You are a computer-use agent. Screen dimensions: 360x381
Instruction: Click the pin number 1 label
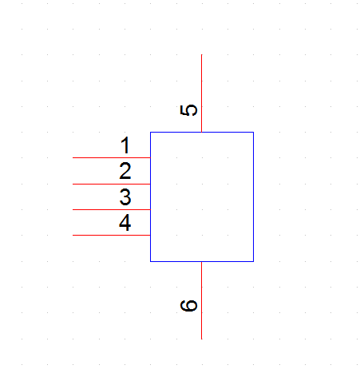tap(125, 145)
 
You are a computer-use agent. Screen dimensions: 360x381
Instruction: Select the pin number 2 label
tap(125, 171)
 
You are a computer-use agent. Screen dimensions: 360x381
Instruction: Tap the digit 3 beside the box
tap(125, 196)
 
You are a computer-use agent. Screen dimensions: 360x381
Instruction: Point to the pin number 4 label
tap(125, 223)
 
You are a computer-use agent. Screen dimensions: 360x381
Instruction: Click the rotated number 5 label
tap(188, 110)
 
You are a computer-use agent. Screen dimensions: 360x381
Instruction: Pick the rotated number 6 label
tap(188, 305)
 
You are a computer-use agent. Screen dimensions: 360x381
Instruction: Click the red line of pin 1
tap(112, 157)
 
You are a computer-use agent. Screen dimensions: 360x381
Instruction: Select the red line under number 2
tap(112, 184)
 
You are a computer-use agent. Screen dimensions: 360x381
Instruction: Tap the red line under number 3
tap(112, 209)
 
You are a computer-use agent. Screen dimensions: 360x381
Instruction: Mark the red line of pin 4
tap(112, 235)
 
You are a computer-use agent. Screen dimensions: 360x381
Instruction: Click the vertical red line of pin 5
tap(202, 93)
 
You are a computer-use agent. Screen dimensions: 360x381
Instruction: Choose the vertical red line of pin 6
tap(202, 300)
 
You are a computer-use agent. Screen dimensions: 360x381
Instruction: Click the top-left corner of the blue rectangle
tap(151, 132)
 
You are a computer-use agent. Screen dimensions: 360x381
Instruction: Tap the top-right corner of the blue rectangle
tap(253, 132)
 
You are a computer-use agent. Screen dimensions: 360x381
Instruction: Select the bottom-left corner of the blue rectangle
tap(151, 261)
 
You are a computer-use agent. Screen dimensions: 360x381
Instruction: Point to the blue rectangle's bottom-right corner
tap(253, 261)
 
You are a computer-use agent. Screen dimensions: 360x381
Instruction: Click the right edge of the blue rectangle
tap(253, 196)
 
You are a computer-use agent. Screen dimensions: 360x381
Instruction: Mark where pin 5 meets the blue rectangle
tap(202, 132)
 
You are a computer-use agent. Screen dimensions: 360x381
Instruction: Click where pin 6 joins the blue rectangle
tap(202, 261)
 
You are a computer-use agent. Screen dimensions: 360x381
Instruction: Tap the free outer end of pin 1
tap(73, 157)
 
